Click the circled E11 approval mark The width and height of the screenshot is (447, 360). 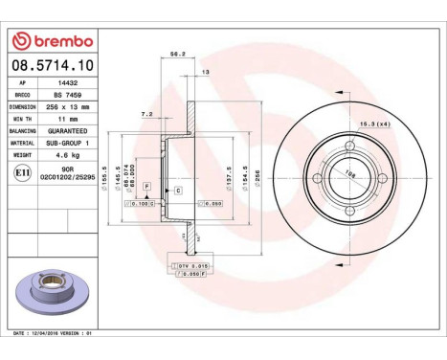(x=21, y=172)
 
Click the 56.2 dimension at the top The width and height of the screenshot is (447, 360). (x=175, y=55)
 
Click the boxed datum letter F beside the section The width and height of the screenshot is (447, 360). (x=146, y=184)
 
